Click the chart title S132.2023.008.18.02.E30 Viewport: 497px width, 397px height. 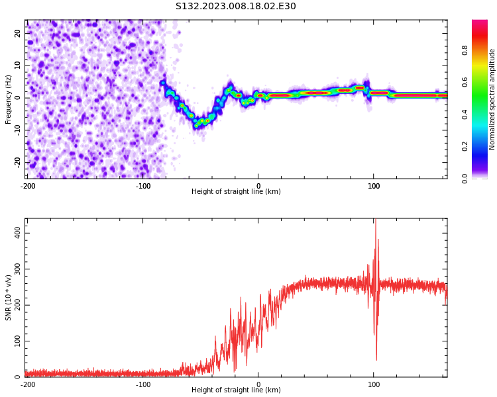tap(235, 7)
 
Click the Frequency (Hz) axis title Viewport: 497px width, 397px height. tap(9, 99)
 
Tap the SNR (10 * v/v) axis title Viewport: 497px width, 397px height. tap(9, 298)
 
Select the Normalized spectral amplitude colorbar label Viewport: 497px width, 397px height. tap(492, 99)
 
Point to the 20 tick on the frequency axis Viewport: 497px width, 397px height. tap(18, 33)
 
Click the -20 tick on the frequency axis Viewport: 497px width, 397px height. tap(17, 162)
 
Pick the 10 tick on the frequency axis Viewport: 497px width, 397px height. tap(18, 66)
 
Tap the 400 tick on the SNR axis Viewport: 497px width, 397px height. tap(15, 234)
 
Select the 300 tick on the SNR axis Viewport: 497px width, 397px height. tap(15, 269)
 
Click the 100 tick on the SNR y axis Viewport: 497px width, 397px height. tap(15, 341)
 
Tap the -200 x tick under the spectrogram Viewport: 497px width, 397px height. tap(28, 186)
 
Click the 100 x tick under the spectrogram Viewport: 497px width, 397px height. tap(374, 186)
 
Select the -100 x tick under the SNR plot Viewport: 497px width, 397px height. tap(143, 384)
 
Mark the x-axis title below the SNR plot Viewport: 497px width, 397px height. tap(236, 390)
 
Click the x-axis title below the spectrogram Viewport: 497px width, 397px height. tap(236, 192)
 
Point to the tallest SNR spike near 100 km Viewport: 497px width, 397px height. tap(374, 221)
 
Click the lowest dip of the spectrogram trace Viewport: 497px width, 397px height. tap(196, 124)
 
